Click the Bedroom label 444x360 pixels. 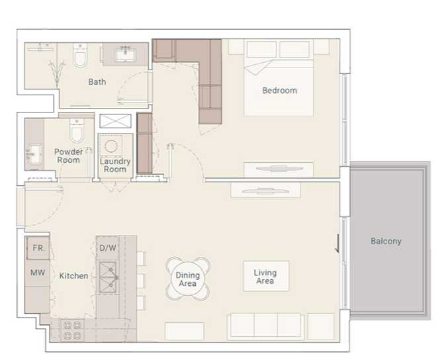click(279, 91)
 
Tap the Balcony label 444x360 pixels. click(385, 242)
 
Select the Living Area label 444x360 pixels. click(265, 277)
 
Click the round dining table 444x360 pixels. click(188, 279)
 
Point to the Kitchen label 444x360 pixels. click(73, 275)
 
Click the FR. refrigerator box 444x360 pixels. click(38, 249)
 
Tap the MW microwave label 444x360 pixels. click(37, 272)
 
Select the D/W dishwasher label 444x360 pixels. click(107, 248)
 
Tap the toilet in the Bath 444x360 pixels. click(81, 58)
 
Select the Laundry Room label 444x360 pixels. click(115, 165)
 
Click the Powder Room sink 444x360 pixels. click(32, 154)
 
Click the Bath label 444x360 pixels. click(97, 83)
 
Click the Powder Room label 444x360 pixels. click(68, 156)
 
